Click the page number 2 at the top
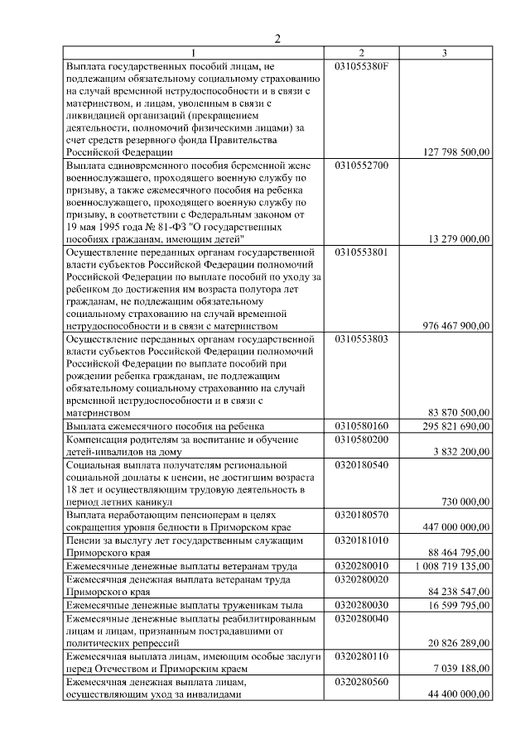[x=278, y=39]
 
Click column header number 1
[x=195, y=54]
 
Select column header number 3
[x=445, y=54]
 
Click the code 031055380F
[x=362, y=65]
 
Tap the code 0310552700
[x=362, y=165]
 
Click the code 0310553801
[x=362, y=252]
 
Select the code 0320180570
[x=362, y=514]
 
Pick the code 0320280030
[x=362, y=604]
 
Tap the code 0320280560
[x=362, y=680]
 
